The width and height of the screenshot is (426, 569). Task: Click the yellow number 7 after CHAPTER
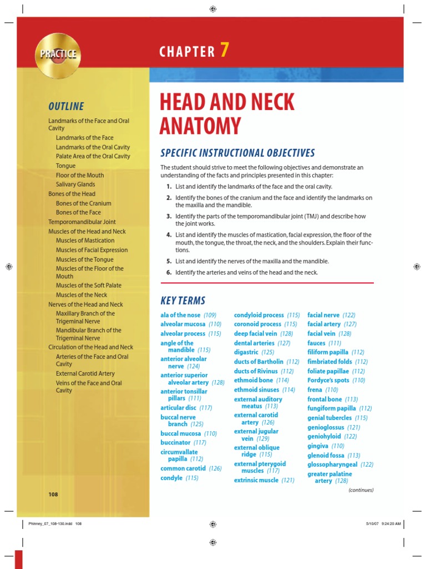click(x=224, y=51)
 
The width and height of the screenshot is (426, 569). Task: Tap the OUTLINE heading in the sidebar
click(x=66, y=106)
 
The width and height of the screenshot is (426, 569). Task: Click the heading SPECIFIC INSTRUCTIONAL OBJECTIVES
click(x=237, y=153)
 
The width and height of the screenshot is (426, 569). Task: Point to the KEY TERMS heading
click(x=182, y=301)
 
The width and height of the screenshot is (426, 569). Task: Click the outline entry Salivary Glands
click(x=75, y=184)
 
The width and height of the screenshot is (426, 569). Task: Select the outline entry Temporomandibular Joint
click(x=82, y=222)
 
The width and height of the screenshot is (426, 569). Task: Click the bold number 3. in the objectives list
click(x=169, y=216)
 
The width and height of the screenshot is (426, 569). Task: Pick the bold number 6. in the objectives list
click(x=169, y=272)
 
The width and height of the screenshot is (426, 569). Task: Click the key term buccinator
click(x=175, y=442)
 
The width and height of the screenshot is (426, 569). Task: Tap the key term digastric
click(x=246, y=352)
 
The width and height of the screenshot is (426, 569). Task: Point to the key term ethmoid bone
click(x=253, y=380)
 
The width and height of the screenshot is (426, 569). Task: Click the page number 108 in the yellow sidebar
click(x=53, y=494)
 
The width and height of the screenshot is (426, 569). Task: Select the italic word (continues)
click(x=361, y=490)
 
